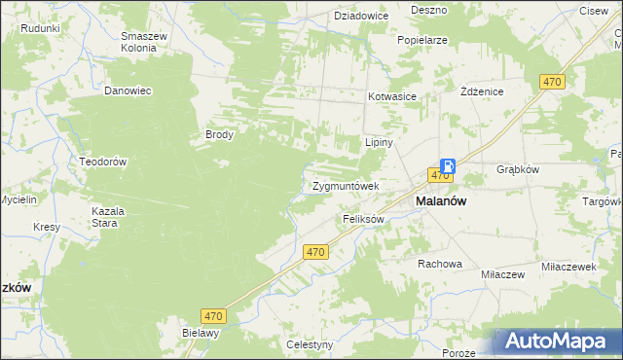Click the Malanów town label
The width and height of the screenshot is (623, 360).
[x=441, y=200]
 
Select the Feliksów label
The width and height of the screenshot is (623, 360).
[x=364, y=219]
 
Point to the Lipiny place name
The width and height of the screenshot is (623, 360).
[x=378, y=141]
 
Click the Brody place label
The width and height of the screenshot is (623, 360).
[x=219, y=135]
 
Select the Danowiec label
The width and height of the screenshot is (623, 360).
[x=128, y=90]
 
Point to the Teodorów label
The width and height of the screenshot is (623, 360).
[x=104, y=162]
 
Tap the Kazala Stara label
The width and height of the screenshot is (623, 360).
[x=105, y=216]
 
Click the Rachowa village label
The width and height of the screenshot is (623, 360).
[x=439, y=264]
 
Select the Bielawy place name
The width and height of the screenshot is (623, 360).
[x=202, y=332]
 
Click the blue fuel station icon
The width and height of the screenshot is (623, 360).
[x=447, y=165]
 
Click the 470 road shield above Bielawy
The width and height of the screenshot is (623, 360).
[x=215, y=315]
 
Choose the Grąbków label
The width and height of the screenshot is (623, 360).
[x=517, y=166]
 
